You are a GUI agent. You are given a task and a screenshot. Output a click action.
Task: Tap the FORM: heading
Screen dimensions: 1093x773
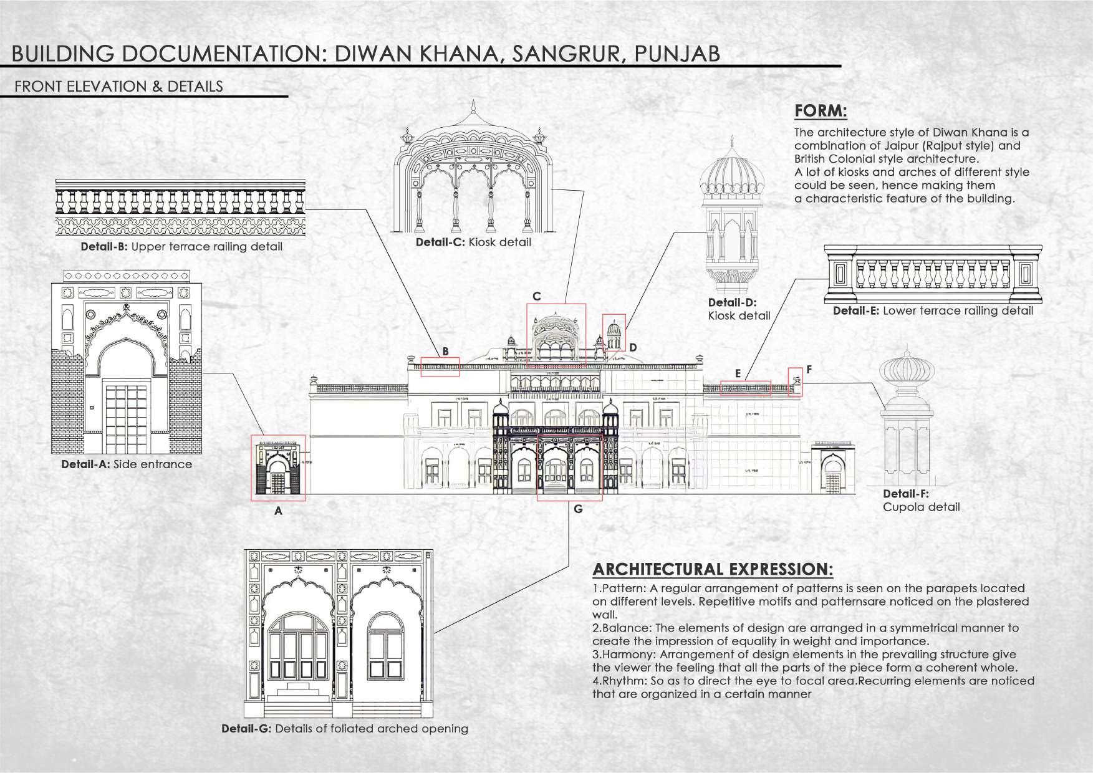coord(821,112)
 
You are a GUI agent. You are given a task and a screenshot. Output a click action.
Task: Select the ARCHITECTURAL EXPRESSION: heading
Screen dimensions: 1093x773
coord(712,569)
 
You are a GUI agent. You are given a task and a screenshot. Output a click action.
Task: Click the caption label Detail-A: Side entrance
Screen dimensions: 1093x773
coord(127,464)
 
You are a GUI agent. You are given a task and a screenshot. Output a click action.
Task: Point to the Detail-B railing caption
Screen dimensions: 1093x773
coord(181,247)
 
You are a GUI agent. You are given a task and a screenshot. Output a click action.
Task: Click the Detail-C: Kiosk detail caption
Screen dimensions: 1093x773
coord(473,242)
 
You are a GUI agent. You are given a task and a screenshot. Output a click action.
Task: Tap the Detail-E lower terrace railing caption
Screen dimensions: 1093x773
coord(933,310)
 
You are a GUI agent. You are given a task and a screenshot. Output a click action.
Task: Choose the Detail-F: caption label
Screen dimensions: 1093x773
coord(906,494)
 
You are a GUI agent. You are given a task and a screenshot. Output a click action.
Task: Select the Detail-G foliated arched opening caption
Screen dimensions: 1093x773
coord(344,729)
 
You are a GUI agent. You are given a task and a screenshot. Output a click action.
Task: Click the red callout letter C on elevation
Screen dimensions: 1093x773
coord(536,296)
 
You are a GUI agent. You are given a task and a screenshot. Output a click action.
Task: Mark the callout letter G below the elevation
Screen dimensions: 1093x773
coord(578,509)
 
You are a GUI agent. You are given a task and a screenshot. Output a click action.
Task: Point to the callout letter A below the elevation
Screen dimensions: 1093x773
coord(279,511)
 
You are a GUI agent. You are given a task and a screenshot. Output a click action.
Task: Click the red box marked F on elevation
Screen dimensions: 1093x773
coord(795,382)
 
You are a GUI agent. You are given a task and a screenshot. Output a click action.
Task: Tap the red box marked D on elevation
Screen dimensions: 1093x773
coord(614,332)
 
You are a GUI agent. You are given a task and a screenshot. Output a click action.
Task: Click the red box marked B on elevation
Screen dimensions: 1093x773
coord(440,367)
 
